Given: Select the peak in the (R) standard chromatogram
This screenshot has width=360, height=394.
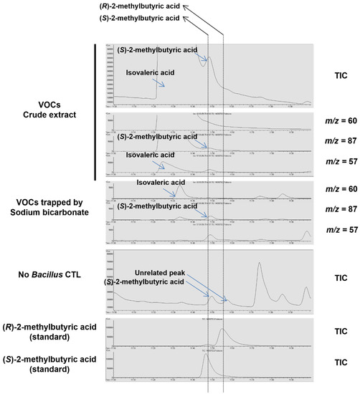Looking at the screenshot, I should pos(222,330).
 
